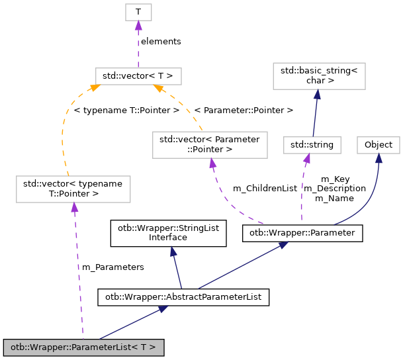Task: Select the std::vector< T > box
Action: coord(138,75)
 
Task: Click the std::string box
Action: coord(312,144)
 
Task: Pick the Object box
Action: coord(379,144)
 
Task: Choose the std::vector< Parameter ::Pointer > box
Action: coord(210,144)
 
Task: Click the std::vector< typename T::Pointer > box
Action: coord(73,189)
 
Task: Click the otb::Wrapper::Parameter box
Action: coord(302,233)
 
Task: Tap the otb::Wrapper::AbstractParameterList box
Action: coord(183,297)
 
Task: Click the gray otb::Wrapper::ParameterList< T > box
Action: coord(83,347)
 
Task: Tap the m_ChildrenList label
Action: coord(265,189)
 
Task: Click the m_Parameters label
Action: coord(112,267)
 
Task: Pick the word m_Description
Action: coord(334,188)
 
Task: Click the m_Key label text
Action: coord(335,179)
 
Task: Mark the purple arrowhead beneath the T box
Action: coord(138,25)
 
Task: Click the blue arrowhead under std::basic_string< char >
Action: coord(317,95)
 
